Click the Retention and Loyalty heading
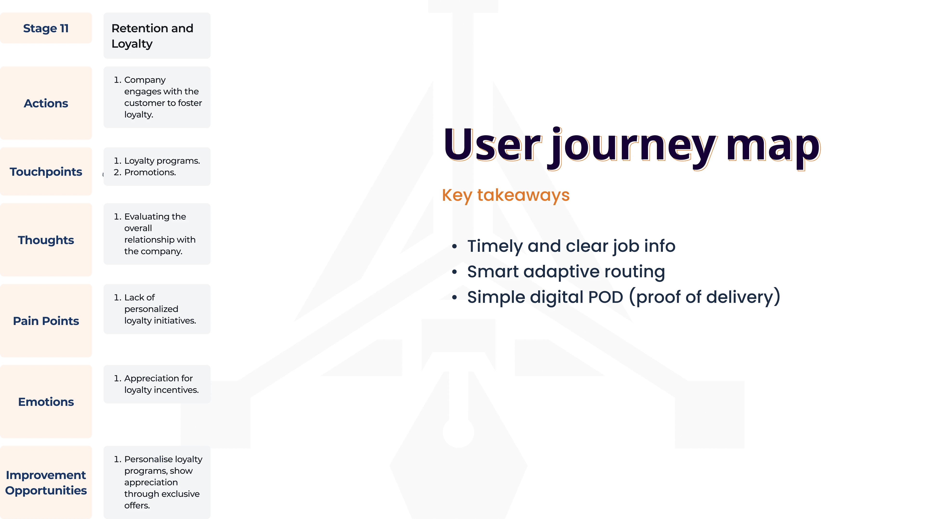coord(152,36)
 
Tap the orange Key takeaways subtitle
coord(506,195)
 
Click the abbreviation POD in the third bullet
coord(605,297)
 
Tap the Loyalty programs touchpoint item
coord(162,161)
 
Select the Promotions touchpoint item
coord(150,173)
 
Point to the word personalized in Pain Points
coord(151,309)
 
